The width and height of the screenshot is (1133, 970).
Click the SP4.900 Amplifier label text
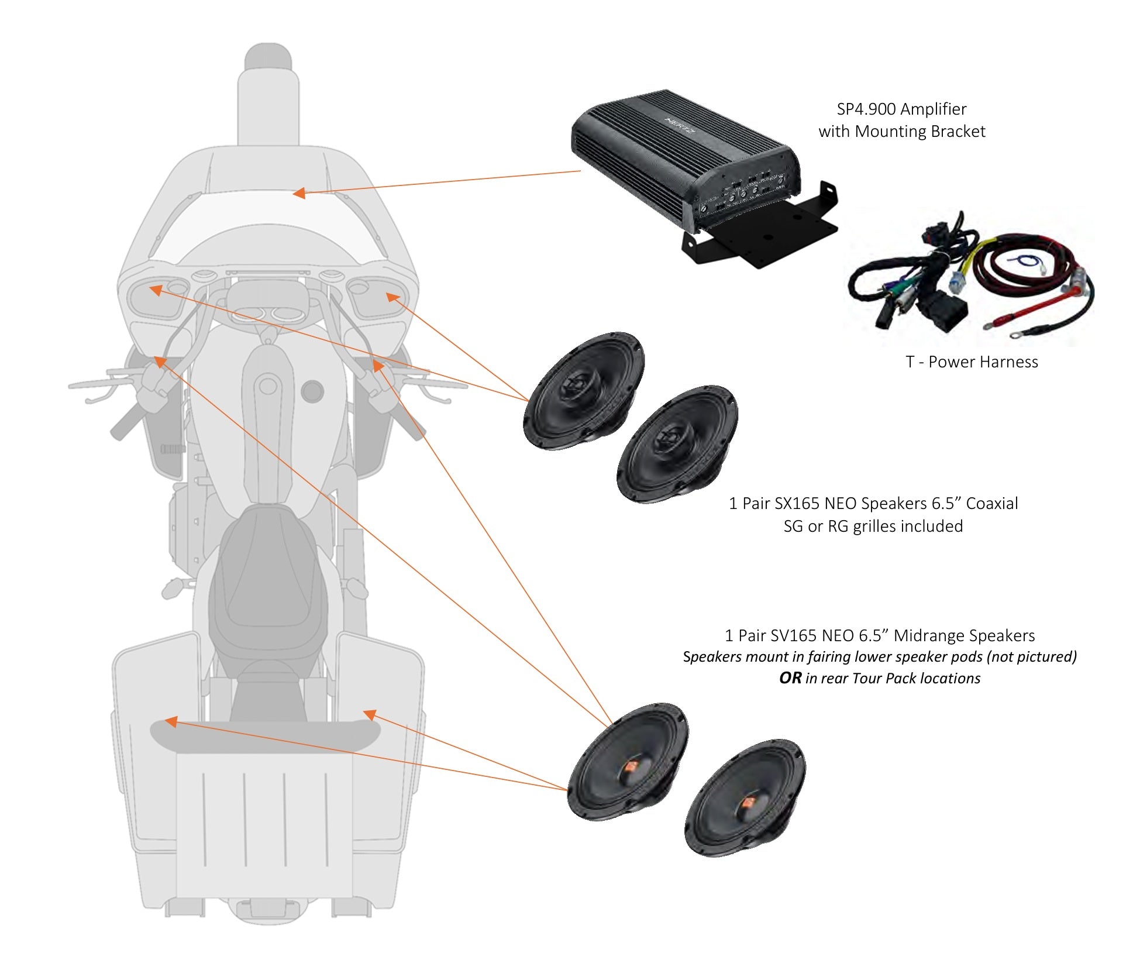coord(901,109)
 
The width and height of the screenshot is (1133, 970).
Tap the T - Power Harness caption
coord(972,362)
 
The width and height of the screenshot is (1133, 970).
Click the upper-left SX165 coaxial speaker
coord(583,390)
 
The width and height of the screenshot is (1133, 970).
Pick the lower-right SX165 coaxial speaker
coord(677,443)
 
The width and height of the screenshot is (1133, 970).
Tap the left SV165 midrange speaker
coord(628,761)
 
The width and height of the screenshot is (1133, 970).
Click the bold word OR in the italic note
coord(790,678)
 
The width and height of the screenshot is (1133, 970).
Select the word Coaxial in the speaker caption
coord(991,504)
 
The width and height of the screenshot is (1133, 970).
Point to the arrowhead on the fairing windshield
coord(299,192)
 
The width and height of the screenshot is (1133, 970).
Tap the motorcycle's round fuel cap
coord(312,391)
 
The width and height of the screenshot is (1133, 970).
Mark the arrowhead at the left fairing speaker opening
coord(156,290)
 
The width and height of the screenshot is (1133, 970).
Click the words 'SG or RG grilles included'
coord(873,527)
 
